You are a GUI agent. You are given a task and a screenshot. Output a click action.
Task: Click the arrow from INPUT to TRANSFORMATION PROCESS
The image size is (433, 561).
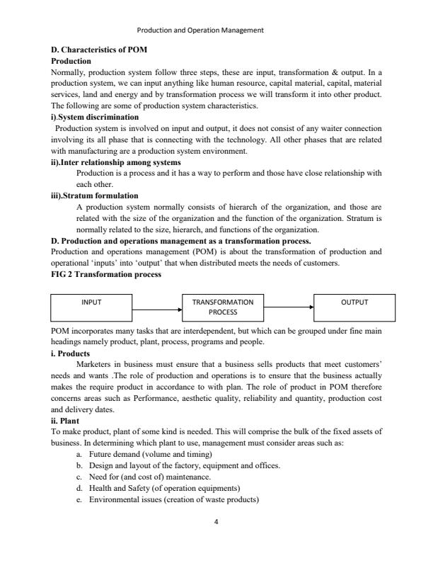[x=157, y=310]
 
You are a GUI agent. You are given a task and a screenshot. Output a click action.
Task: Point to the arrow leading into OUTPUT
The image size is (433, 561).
[x=289, y=307]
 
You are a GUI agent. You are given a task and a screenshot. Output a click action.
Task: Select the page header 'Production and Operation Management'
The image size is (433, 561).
[x=200, y=30]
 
